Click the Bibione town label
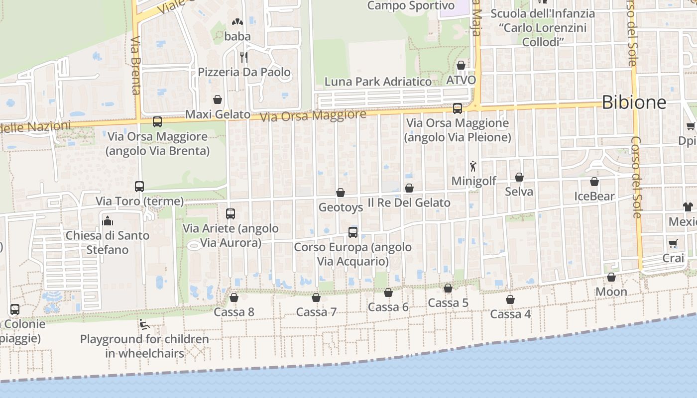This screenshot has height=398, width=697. [633, 102]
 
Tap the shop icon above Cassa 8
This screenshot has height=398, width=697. [233, 298]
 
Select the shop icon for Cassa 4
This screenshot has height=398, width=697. [510, 299]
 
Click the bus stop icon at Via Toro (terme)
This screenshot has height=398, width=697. [139, 187]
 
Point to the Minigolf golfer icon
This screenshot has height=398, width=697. [472, 166]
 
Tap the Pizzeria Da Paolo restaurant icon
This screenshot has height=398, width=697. [244, 57]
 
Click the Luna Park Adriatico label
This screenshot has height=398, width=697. [378, 82]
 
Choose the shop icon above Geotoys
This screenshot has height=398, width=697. [341, 193]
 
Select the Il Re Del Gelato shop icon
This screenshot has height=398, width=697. [409, 188]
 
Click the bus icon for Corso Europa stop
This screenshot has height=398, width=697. [352, 232]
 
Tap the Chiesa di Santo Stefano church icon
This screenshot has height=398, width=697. [107, 220]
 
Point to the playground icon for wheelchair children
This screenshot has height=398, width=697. [144, 324]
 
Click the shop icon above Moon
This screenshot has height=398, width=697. [611, 277]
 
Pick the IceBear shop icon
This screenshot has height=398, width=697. [594, 182]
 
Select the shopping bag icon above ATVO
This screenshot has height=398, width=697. [461, 65]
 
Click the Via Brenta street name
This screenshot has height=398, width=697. [136, 65]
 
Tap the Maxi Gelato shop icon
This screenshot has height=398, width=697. [217, 99]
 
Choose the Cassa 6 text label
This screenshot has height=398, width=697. [388, 307]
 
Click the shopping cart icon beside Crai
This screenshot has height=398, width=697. [673, 243]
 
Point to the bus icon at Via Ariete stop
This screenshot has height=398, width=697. [230, 214]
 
